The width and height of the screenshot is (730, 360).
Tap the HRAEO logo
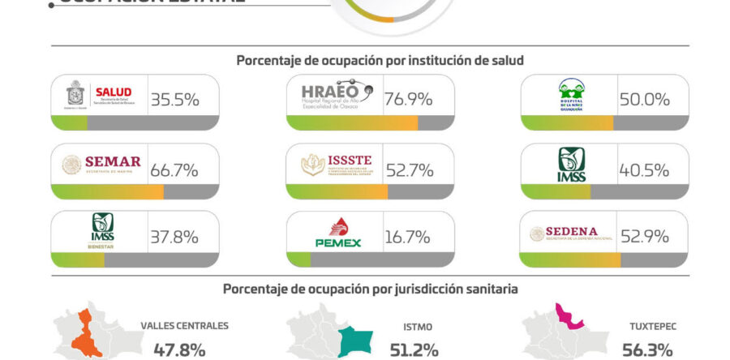pyautogui.click(x=335, y=96)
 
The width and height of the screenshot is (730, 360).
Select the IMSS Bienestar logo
pyautogui.click(x=103, y=232)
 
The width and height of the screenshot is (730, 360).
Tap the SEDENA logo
pyautogui.click(x=569, y=234)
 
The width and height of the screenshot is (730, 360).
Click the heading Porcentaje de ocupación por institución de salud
pyautogui.click(x=380, y=60)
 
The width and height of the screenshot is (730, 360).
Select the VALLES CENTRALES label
pyautogui.click(x=184, y=326)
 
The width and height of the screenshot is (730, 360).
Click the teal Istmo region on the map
pyautogui.click(x=354, y=341)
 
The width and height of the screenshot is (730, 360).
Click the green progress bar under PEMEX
pyautogui.click(x=298, y=260)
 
